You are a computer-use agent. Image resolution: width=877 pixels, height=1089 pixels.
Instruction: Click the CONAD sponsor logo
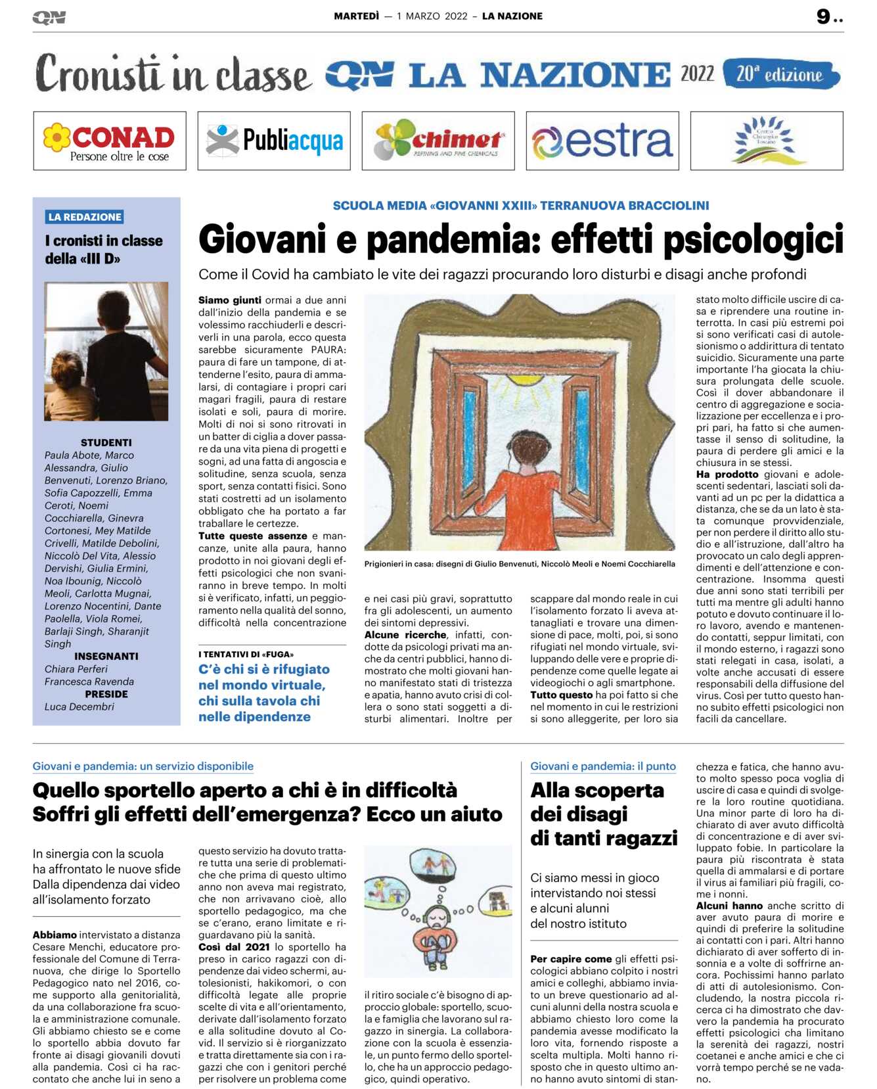click(x=110, y=141)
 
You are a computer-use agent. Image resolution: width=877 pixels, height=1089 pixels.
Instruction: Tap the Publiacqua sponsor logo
click(x=274, y=141)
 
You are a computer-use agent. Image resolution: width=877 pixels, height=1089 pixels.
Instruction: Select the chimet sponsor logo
click(x=438, y=141)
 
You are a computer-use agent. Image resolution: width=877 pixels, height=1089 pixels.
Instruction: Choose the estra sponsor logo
click(x=602, y=141)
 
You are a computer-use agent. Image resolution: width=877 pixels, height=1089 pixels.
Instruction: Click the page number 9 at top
click(x=824, y=16)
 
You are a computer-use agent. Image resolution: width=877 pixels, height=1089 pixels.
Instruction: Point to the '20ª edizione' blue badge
click(x=780, y=74)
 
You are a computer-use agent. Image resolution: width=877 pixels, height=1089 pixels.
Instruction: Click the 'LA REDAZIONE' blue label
click(x=85, y=217)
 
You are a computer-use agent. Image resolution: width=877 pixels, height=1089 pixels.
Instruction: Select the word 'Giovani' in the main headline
click(x=262, y=240)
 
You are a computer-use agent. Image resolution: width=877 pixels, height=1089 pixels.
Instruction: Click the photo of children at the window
click(x=106, y=351)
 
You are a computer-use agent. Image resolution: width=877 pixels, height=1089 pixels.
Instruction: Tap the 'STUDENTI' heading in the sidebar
click(x=106, y=442)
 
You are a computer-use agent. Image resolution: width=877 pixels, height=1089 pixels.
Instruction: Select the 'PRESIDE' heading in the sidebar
click(x=106, y=694)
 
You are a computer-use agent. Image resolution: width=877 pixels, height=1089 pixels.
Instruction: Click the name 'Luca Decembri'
click(x=79, y=707)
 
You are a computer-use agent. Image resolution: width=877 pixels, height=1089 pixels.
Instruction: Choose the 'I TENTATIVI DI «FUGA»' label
click(x=246, y=655)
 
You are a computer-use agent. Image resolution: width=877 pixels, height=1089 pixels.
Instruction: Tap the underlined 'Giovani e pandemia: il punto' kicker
click(x=603, y=766)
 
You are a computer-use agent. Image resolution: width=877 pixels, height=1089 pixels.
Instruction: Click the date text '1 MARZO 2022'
click(x=432, y=16)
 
